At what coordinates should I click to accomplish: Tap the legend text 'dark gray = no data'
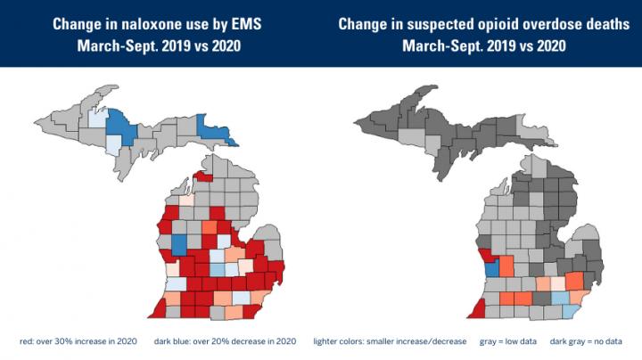click(x=589, y=340)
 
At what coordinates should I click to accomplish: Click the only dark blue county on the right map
click(x=490, y=267)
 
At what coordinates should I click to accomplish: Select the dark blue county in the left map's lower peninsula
click(x=178, y=245)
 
